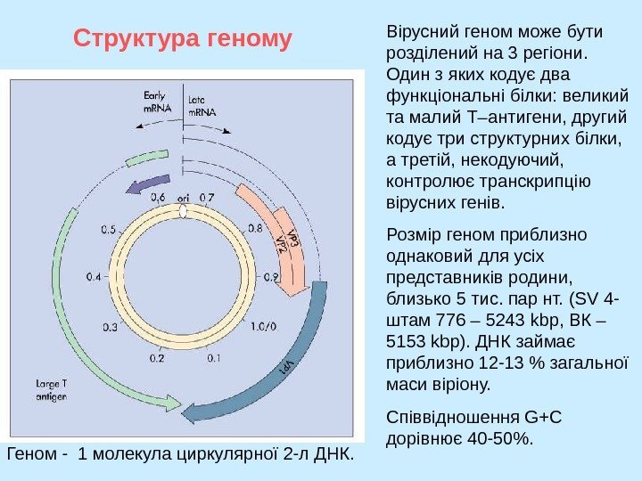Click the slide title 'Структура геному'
183,39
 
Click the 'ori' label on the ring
184,197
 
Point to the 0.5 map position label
109,230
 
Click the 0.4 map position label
94,277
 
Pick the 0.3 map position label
110,327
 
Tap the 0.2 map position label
156,359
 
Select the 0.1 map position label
213,359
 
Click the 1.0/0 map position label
263,326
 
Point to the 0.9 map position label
271,277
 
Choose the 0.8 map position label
255,228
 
